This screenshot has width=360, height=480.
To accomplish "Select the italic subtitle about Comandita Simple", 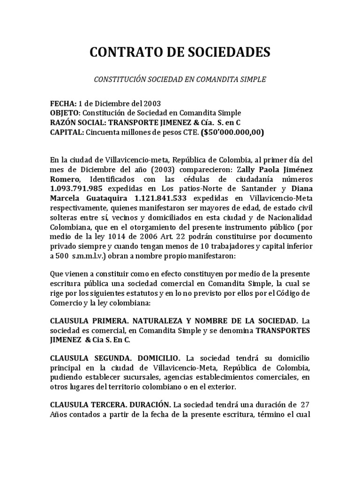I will click(x=180, y=80).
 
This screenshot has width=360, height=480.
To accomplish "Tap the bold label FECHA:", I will click(x=63, y=103).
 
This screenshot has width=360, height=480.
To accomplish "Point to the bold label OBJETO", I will click(x=65, y=113).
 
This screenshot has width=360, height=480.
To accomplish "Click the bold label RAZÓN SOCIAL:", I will click(x=78, y=123).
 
